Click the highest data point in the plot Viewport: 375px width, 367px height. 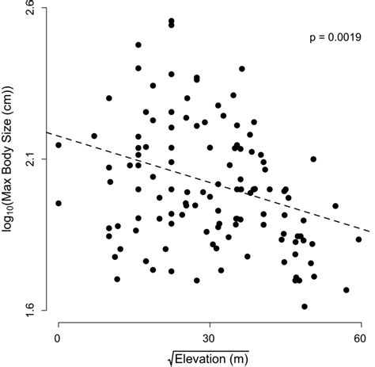171,21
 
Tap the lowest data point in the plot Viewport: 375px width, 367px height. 305,306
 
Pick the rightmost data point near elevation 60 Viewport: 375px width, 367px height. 358,239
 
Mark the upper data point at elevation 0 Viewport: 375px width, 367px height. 59,145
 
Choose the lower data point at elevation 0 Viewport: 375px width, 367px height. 59,203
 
